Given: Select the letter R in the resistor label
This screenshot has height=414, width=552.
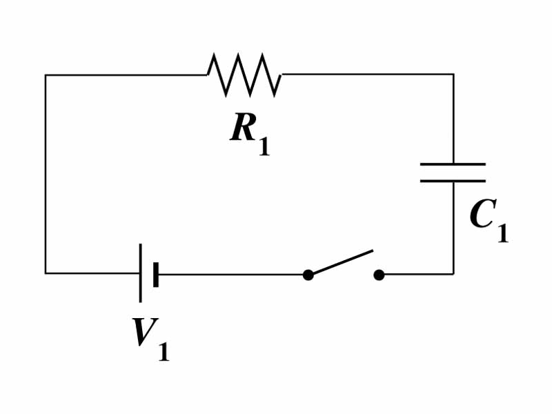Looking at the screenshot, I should (x=244, y=128).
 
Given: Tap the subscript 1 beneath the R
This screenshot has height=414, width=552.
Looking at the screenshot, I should (x=264, y=147).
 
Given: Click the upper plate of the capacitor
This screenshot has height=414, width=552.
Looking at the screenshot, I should (x=453, y=164).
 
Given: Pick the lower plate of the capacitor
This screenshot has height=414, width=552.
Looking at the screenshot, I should (x=453, y=181).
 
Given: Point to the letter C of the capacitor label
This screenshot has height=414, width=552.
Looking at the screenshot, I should (x=482, y=215).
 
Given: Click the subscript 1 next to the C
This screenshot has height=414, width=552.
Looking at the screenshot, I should (x=502, y=233).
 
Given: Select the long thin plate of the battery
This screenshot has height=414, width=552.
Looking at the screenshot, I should (x=141, y=273).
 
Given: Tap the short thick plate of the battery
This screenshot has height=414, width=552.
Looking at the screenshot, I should (x=156, y=274).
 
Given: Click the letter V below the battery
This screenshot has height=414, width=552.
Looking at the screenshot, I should (x=145, y=333).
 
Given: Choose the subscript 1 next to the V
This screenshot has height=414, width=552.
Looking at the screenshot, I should (x=164, y=352).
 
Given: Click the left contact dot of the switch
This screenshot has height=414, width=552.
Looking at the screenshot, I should (x=308, y=275).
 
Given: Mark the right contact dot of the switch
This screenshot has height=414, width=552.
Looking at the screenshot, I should (x=379, y=275).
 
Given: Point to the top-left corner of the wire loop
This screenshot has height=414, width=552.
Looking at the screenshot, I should (x=46, y=75).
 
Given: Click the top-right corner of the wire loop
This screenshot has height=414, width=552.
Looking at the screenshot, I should (x=453, y=75).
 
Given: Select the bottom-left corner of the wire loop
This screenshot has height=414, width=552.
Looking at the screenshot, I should (x=46, y=273).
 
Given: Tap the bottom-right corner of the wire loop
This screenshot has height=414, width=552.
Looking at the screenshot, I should (x=453, y=274).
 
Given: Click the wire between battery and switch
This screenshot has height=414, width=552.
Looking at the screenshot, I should (x=231, y=274).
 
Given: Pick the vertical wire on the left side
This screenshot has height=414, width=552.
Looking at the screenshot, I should (x=46, y=172).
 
